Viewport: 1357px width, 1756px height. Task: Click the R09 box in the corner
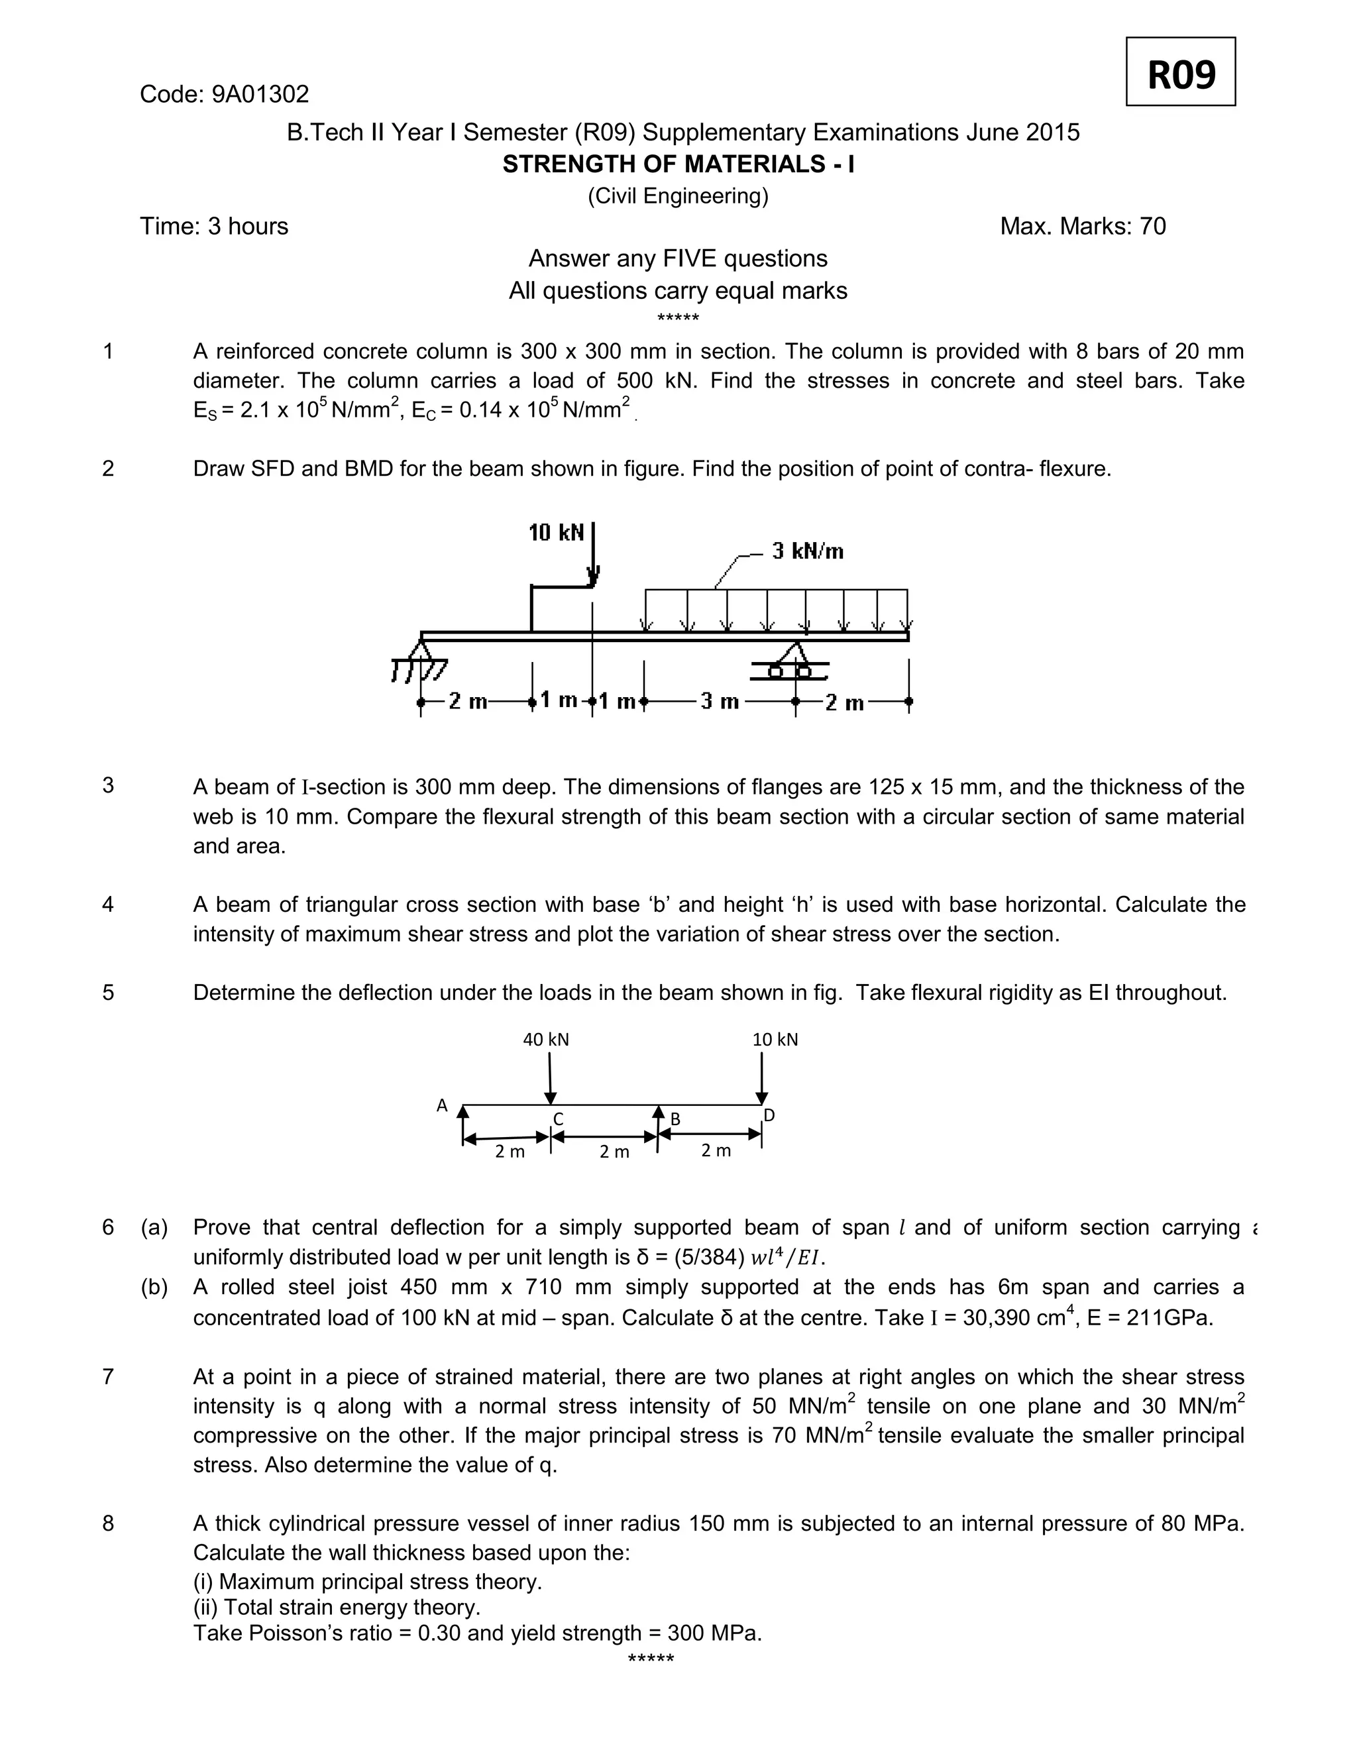coord(1179,72)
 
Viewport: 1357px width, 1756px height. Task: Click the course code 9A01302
coord(260,95)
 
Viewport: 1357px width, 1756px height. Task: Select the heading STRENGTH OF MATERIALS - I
coord(678,164)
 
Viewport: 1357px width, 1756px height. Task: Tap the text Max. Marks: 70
coord(1082,227)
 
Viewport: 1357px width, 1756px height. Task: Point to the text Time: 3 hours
coord(214,227)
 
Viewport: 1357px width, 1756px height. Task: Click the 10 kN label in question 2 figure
coord(555,532)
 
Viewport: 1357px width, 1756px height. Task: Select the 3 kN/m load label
coord(807,551)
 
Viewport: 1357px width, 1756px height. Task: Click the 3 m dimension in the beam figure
coord(719,701)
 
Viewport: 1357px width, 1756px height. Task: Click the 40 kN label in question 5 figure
coord(546,1040)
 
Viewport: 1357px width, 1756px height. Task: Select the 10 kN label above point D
coord(775,1040)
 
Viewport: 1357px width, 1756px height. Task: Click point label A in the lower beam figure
coord(441,1105)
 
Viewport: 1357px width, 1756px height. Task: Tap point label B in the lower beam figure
coord(675,1119)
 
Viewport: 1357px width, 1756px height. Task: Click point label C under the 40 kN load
coord(558,1119)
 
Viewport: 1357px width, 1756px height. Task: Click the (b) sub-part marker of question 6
coord(154,1288)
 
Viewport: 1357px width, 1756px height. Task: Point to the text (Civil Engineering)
coord(678,196)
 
